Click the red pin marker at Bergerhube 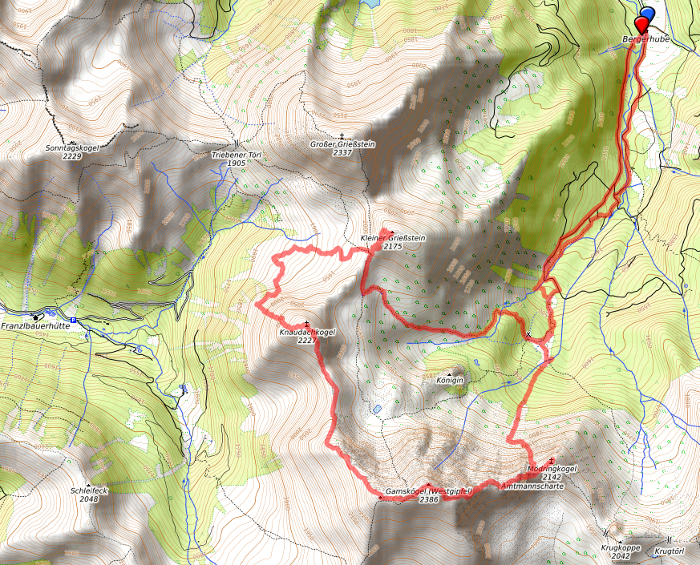(x=641, y=23)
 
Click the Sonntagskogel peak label (x=72, y=148)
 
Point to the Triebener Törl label (x=237, y=154)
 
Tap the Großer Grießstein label (x=342, y=144)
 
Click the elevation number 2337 (x=342, y=152)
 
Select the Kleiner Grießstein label (x=392, y=238)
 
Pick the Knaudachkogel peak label (x=306, y=332)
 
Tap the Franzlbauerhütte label (x=34, y=326)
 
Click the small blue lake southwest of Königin (x=375, y=409)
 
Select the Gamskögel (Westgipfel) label (x=429, y=490)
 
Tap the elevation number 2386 (x=429, y=499)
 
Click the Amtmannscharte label (x=528, y=486)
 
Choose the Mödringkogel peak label (x=552, y=468)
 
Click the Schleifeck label (x=88, y=490)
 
